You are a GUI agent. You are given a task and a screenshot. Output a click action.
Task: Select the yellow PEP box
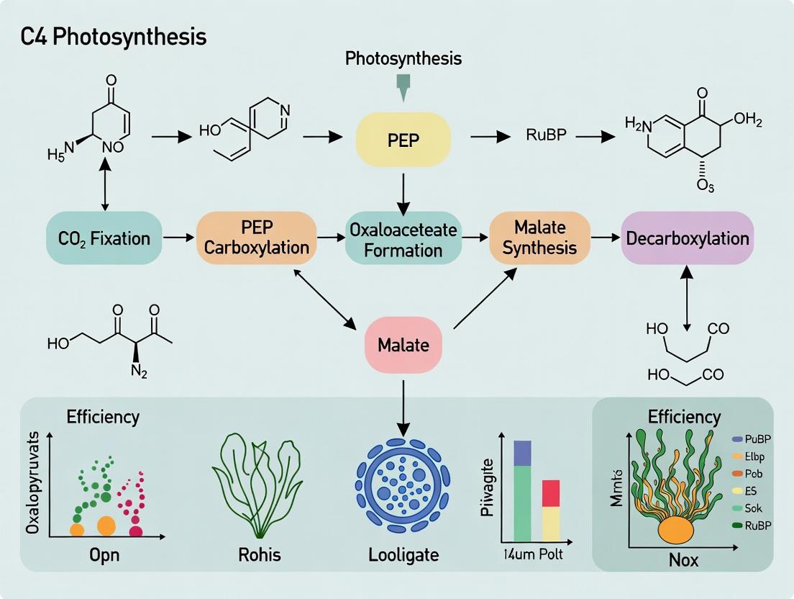click(x=403, y=139)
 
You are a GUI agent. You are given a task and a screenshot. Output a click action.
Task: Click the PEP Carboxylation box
click(x=256, y=238)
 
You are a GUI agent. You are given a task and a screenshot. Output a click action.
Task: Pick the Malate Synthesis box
click(x=540, y=238)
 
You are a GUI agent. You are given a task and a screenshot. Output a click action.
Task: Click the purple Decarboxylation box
click(x=687, y=238)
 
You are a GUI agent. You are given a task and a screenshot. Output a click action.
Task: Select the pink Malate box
click(x=403, y=344)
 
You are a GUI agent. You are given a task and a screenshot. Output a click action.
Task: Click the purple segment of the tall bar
click(x=521, y=453)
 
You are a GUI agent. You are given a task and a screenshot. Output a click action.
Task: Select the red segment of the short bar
click(x=550, y=493)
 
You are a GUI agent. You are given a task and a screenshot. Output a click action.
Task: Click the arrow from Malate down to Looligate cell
click(x=403, y=403)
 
